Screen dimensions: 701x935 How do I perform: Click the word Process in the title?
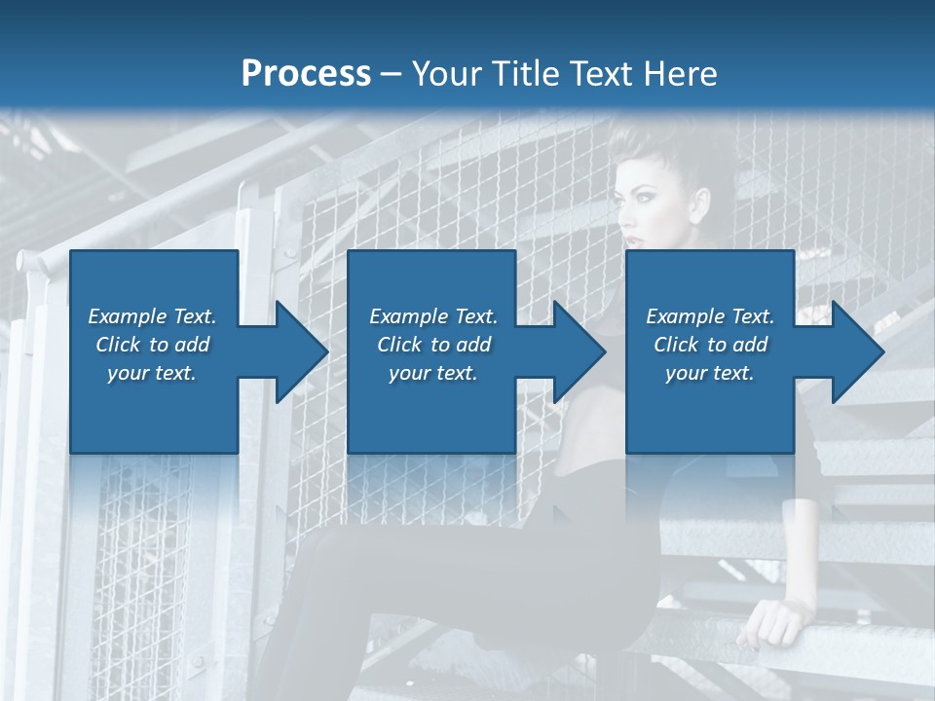coord(306,73)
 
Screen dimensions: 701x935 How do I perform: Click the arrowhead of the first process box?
coord(302,351)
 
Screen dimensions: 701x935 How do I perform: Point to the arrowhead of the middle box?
coord(580,351)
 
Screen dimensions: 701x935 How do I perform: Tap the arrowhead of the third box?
coord(857,351)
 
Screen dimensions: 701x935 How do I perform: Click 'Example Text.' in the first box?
coord(152,316)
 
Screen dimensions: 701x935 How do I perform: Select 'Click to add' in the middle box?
coord(433,345)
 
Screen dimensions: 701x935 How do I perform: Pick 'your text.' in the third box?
coord(710,373)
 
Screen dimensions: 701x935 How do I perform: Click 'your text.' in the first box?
coord(152,373)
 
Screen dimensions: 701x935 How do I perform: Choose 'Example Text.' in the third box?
coord(710,316)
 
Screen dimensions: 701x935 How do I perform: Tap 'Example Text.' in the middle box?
coord(433,316)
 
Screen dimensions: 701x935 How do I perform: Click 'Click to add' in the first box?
coord(152,345)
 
